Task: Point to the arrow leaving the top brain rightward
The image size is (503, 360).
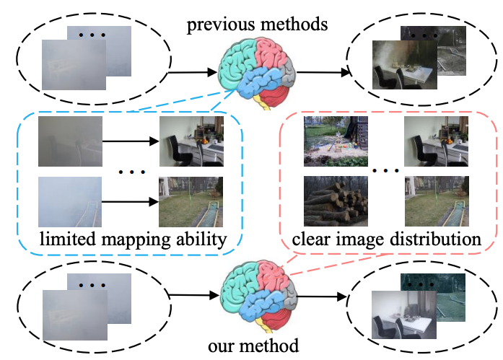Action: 322,72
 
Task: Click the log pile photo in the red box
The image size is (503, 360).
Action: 335,201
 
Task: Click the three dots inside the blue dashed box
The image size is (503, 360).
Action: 132,172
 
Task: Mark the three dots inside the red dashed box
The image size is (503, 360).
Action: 385,172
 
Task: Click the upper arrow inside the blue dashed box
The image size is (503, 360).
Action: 131,141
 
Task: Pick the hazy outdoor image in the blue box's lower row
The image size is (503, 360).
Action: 70,202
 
